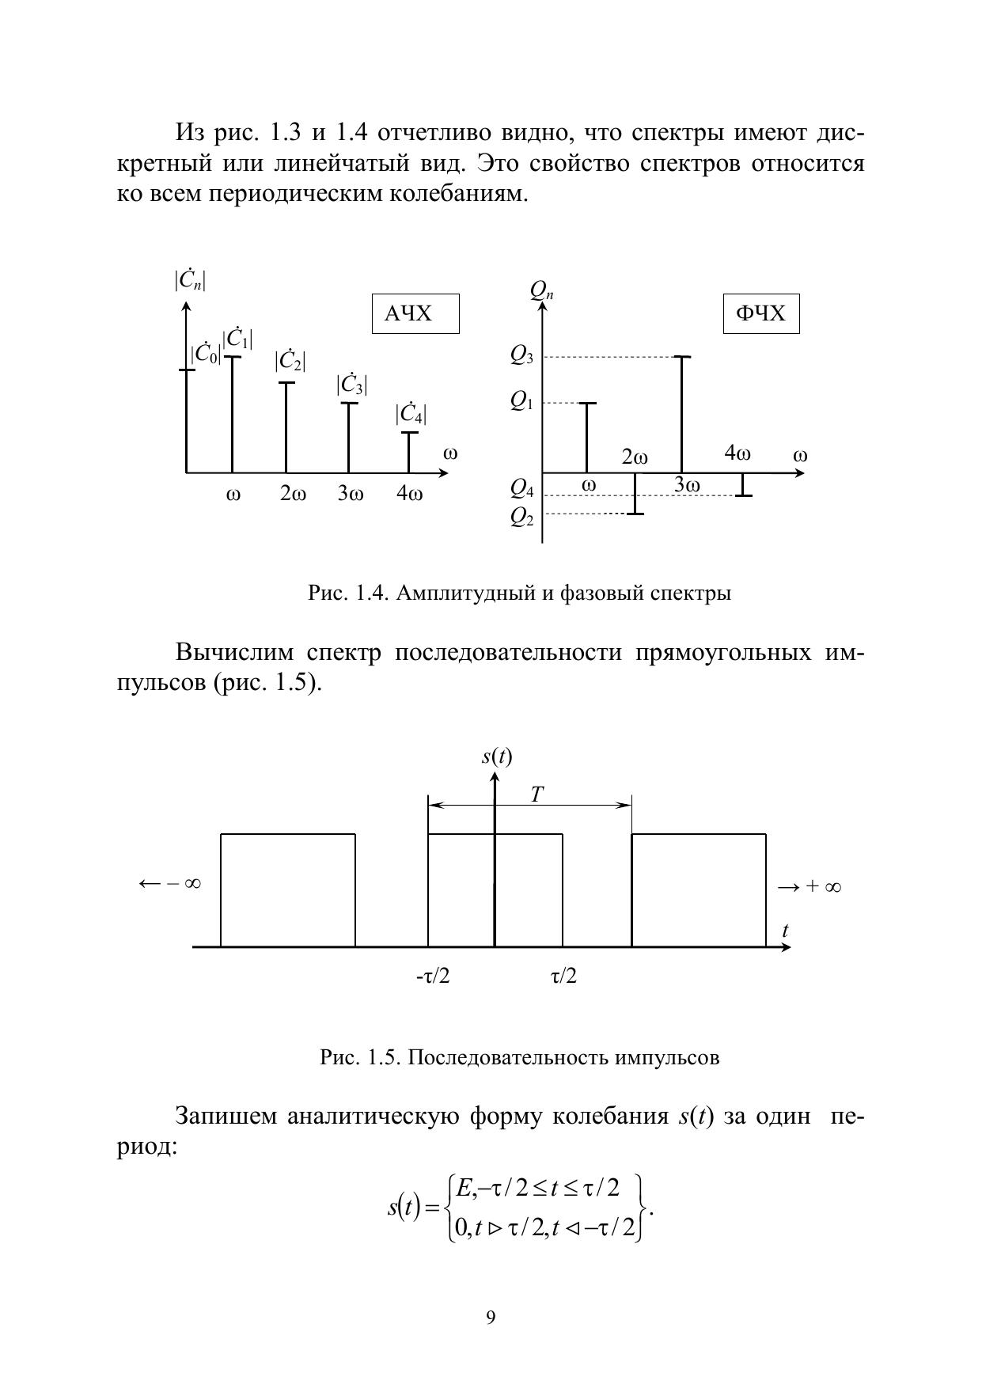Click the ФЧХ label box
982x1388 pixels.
pos(760,314)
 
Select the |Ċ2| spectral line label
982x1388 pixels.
pos(290,361)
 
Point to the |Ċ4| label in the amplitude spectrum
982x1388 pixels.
pos(411,413)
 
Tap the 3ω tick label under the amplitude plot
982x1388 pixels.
pos(351,494)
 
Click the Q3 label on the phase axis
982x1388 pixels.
pos(521,356)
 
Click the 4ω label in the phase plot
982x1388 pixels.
pos(737,453)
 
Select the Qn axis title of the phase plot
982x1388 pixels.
pos(542,290)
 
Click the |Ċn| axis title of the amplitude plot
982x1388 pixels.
pos(191,280)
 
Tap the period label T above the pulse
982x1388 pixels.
pos(536,794)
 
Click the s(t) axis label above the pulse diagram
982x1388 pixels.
pos(497,757)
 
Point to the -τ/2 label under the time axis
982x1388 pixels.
pos(433,977)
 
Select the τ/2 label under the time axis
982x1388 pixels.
pos(563,977)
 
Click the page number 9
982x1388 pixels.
pos(491,1318)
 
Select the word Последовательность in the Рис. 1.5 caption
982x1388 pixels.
pos(508,1057)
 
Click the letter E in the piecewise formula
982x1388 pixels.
pos(464,1187)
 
